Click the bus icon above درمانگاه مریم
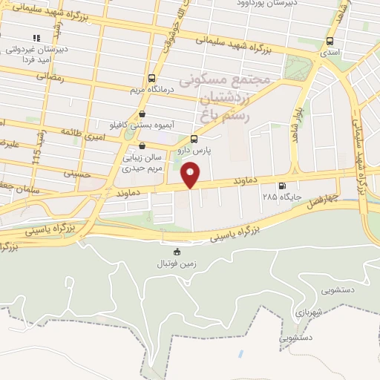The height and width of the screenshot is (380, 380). coord(152,78)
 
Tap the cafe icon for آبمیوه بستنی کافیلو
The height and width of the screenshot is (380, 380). coord(142,114)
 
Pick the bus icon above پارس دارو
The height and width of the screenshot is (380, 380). coord(194,139)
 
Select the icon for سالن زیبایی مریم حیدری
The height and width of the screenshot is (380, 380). coord(142,145)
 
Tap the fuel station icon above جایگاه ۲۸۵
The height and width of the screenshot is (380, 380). coord(281,186)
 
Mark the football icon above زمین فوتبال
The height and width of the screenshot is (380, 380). coord(177,252)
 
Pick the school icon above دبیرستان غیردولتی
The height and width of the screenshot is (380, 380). coord(36,37)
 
